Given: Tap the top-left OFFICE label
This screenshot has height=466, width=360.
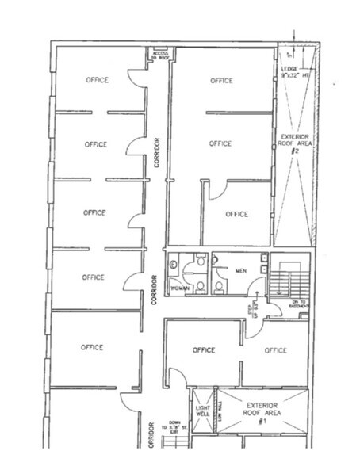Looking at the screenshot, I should pyautogui.click(x=97, y=80).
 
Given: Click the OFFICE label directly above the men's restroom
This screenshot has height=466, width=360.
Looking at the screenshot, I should pyautogui.click(x=236, y=214).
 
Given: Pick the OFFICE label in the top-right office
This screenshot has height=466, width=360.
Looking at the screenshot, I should pyautogui.click(x=221, y=80).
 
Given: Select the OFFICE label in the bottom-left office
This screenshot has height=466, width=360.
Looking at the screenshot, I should pyautogui.click(x=93, y=347).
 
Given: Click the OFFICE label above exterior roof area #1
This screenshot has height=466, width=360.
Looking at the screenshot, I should pyautogui.click(x=275, y=349).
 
